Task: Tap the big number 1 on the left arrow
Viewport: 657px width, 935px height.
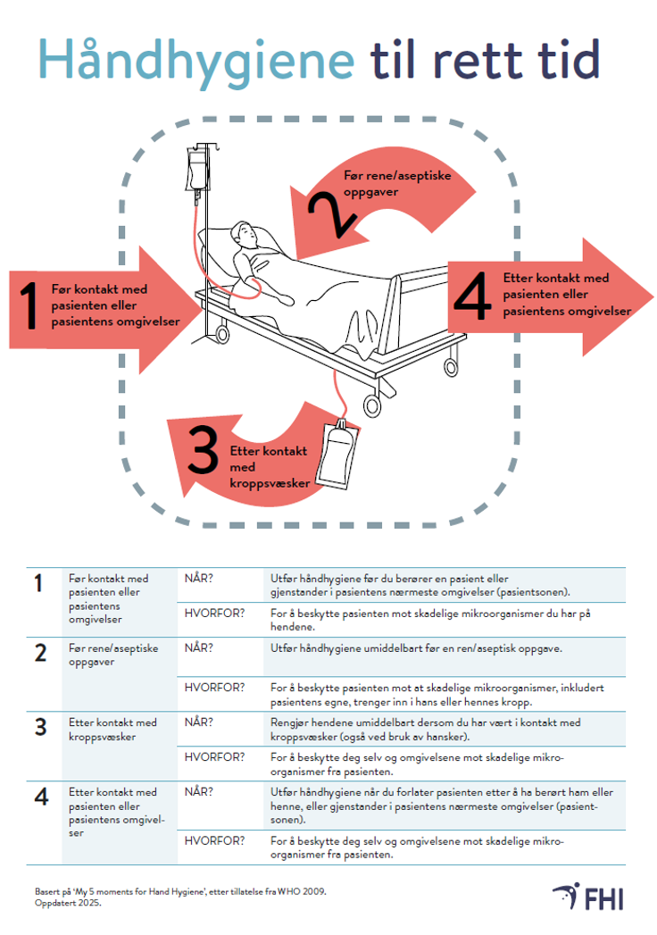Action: point(29,306)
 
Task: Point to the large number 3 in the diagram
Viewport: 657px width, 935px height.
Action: point(204,451)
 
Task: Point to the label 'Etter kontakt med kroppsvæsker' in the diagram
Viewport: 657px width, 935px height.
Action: point(269,466)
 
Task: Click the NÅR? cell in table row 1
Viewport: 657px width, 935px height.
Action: point(199,578)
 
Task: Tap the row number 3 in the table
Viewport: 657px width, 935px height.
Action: point(40,727)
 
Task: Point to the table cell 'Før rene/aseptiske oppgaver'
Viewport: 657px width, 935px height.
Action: point(113,655)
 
